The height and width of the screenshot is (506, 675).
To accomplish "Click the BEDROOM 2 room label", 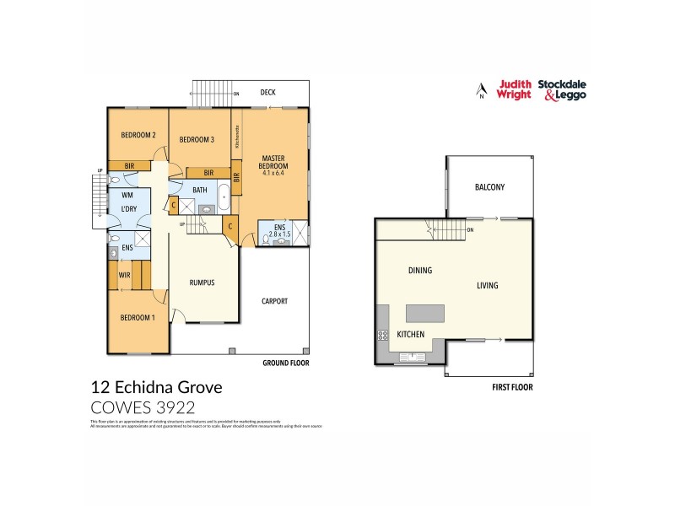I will coord(138,135).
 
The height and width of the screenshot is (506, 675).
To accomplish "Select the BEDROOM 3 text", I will coord(197,140).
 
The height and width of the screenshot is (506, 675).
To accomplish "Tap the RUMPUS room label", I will coord(202,283).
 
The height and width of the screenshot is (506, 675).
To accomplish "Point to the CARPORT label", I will coord(274,301).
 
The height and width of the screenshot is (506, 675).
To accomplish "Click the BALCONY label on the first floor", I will coord(489,187).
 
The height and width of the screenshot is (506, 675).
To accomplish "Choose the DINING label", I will coord(420,271).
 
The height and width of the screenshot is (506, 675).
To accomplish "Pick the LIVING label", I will coord(487,285).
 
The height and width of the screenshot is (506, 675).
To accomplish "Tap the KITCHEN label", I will coord(411,335).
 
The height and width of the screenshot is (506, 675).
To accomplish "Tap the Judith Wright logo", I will coord(514,89).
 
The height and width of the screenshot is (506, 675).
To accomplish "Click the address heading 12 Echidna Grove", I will coord(156,388).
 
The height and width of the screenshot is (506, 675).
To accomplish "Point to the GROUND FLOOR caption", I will coord(287,363).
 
